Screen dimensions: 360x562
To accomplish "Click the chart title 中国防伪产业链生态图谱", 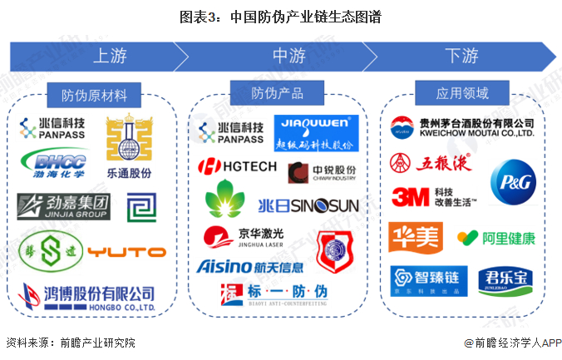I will [x=280, y=16].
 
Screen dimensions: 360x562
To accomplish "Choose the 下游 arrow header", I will [x=461, y=56].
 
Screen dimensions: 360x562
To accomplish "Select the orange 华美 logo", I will [x=415, y=237].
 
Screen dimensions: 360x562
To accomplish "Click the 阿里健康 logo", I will [x=496, y=239].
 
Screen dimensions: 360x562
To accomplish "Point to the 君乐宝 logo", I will [x=505, y=279].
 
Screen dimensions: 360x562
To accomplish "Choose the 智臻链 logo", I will [x=426, y=279].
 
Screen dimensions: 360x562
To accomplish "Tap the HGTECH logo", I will [x=238, y=166].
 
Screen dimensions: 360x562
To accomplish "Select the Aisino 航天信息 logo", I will [x=250, y=267].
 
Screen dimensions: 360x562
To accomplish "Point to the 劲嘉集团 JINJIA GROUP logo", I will [x=64, y=205].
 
